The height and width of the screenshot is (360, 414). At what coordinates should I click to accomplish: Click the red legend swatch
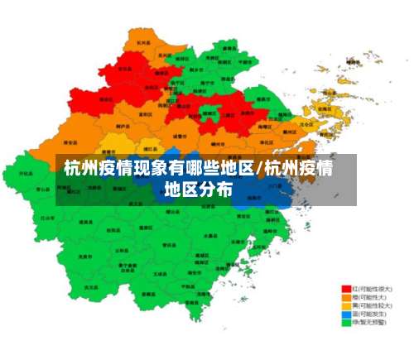(x=346, y=289)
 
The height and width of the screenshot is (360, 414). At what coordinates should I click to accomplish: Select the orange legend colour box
(x=346, y=297)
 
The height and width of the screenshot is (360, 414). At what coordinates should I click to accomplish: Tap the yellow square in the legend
(x=346, y=305)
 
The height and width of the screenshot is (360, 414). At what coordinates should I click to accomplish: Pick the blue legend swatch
(x=346, y=314)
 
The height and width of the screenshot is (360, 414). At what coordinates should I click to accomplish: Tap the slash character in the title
(x=262, y=170)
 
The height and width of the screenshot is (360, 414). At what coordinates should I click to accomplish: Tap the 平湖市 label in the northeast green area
(x=245, y=61)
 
